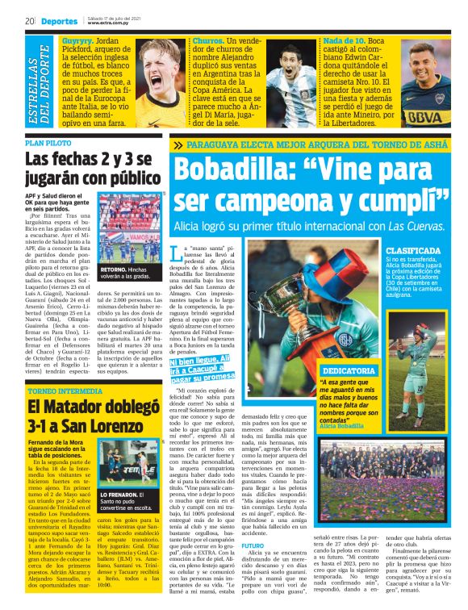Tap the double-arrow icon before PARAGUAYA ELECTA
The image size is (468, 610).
(178, 145)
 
